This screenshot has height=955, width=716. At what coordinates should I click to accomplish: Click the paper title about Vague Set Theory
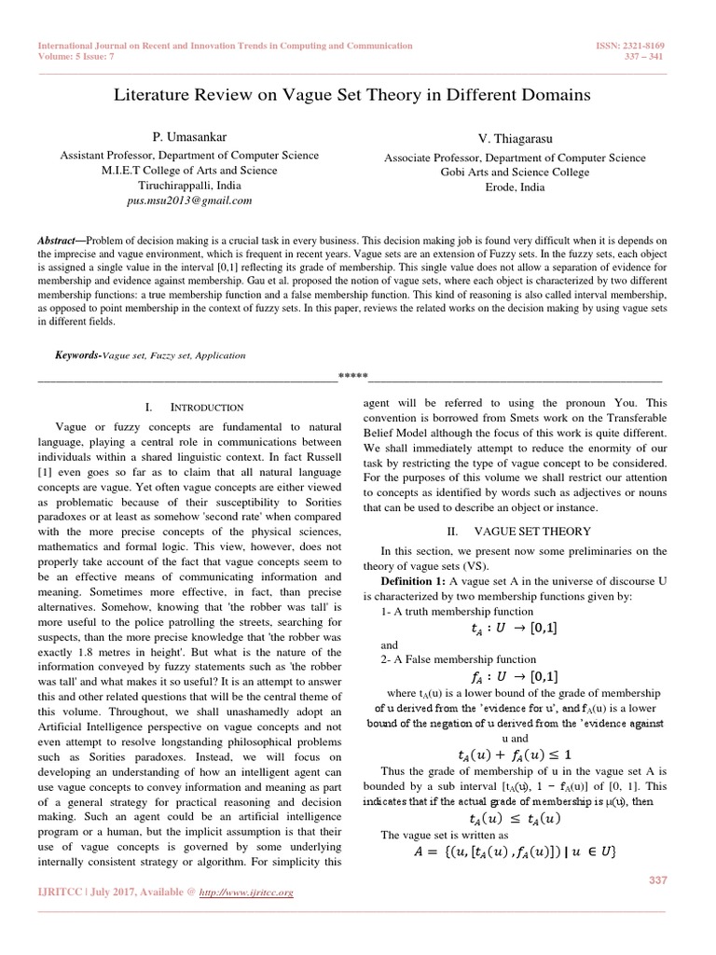pos(351,95)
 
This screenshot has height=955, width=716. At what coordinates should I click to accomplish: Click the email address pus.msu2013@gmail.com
pos(189,200)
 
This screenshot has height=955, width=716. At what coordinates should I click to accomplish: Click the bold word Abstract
pos(62,240)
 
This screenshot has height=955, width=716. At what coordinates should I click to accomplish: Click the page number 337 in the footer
pos(658,880)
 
